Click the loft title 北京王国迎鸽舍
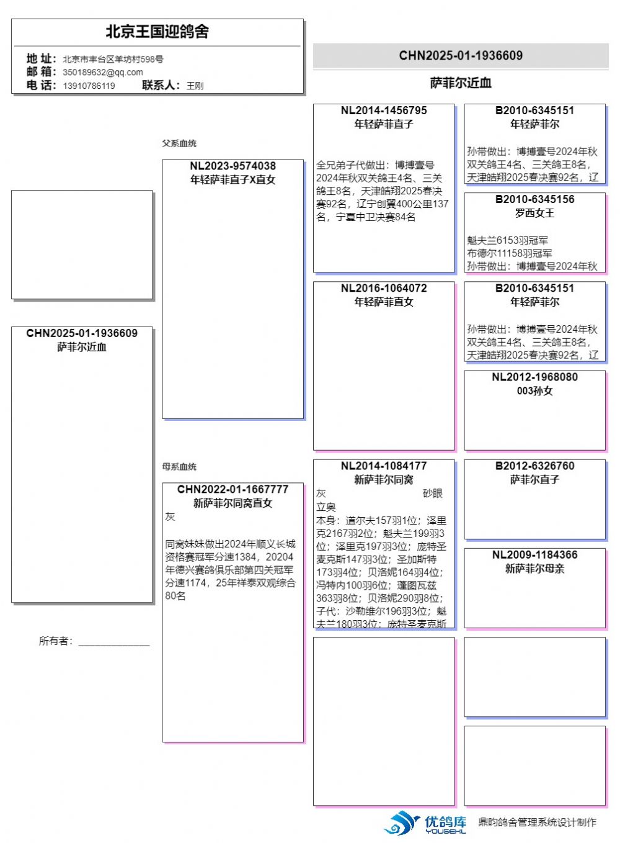point(157,32)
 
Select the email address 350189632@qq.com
point(102,72)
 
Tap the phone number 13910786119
point(89,86)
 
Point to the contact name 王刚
point(195,86)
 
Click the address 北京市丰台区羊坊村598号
point(113,60)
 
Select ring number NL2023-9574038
point(232,166)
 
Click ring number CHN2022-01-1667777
point(232,489)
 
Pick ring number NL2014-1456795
point(384,110)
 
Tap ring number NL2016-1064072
point(384,288)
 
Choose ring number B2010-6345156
point(534,199)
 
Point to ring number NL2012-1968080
point(534,377)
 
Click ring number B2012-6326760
point(534,466)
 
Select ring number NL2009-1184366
point(534,554)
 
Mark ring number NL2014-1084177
point(384,466)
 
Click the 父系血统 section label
point(179,143)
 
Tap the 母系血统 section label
point(179,467)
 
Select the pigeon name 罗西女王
point(534,213)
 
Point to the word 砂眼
point(433,494)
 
